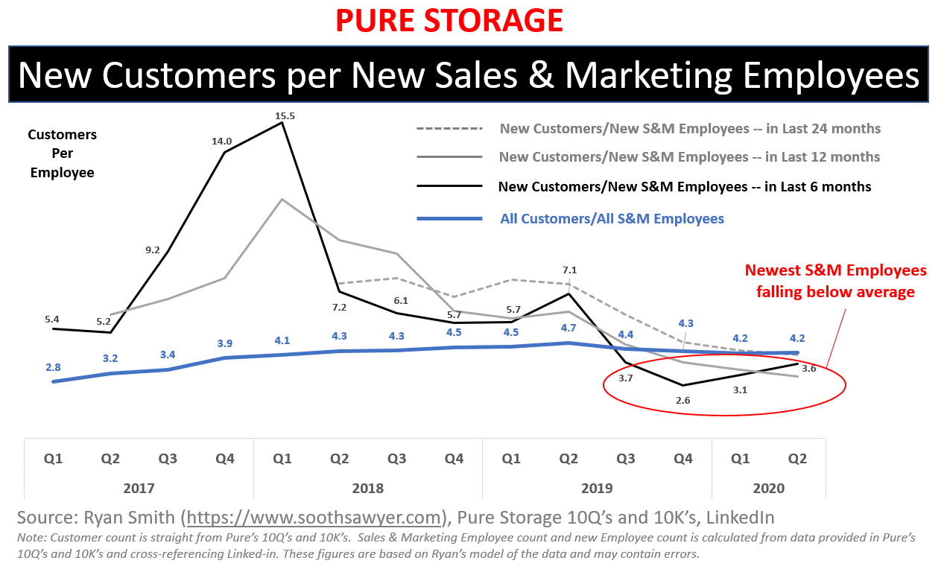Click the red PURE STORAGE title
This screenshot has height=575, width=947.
coord(449,20)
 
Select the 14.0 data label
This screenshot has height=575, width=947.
coord(222,141)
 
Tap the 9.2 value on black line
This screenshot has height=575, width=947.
coord(153,250)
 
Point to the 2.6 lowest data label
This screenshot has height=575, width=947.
coord(682,400)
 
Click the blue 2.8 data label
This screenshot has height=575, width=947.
coord(53,366)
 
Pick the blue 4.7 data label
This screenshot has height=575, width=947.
coord(568,328)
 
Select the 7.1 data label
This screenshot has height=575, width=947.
coord(570,270)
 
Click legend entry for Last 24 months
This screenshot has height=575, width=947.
coord(690,129)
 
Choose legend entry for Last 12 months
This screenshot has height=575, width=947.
coord(689,157)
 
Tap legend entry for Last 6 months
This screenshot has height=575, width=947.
coord(684,187)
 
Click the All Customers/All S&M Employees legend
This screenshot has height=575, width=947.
coord(612,218)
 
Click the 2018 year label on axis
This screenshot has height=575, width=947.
coord(368,488)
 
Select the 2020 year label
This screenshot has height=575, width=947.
coord(768,488)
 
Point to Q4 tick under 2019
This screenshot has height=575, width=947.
coord(682,459)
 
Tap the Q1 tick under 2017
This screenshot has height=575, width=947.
coord(53,459)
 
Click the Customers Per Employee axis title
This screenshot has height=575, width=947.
coord(62,153)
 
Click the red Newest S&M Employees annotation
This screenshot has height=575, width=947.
coord(835,281)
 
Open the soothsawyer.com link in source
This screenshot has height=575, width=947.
coord(315,518)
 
